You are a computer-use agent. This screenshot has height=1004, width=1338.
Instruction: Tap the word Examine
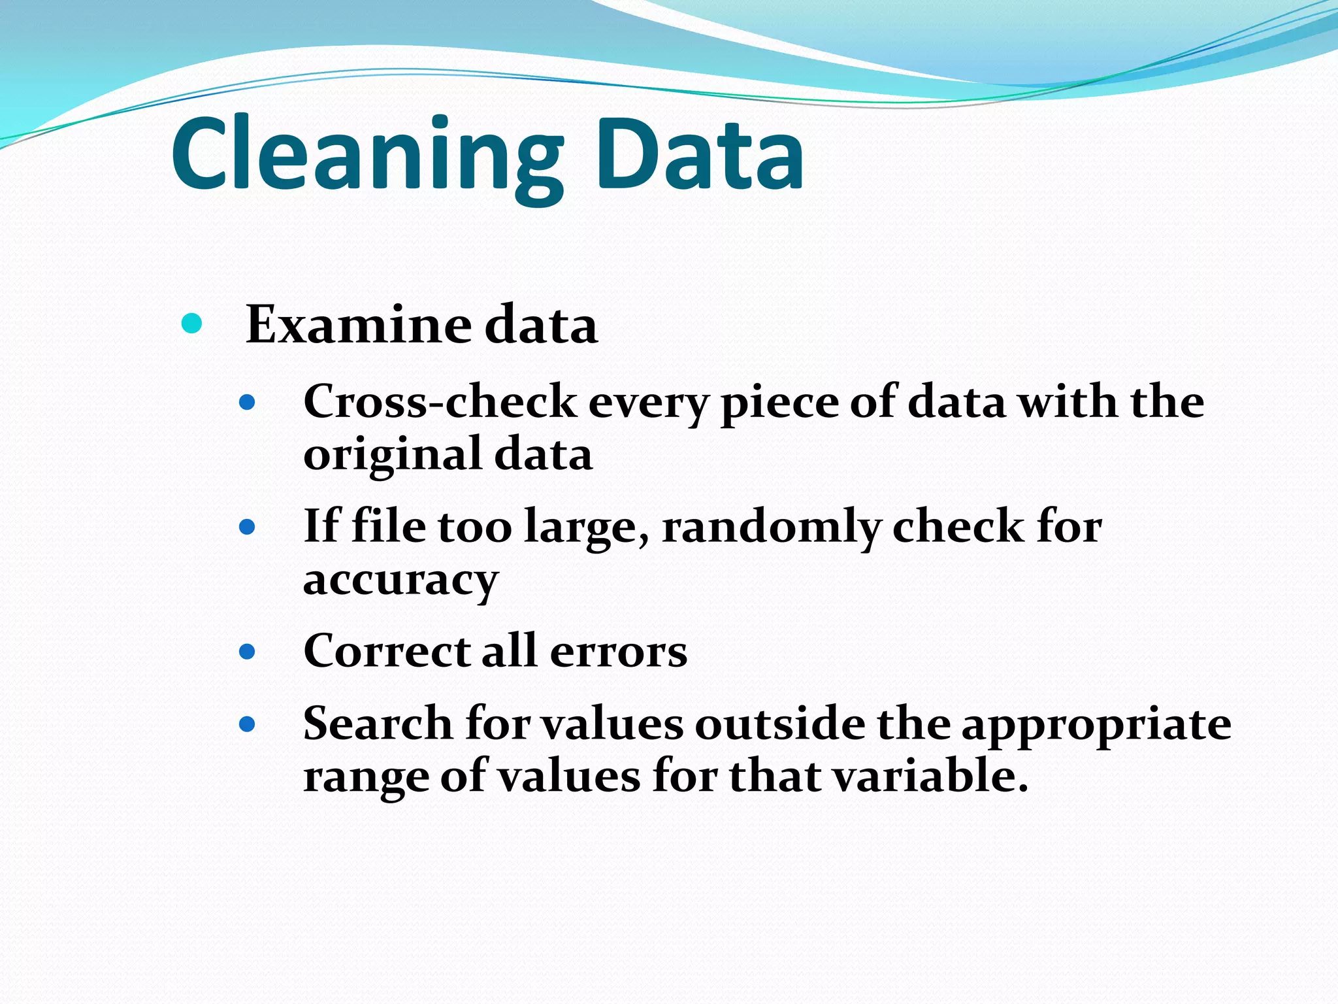click(358, 325)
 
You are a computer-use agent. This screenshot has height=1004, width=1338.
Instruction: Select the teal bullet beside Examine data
click(191, 323)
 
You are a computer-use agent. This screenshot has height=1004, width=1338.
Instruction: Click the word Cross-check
click(440, 401)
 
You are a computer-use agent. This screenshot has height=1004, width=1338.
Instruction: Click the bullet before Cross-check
click(247, 402)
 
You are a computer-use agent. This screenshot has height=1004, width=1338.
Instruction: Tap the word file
click(388, 526)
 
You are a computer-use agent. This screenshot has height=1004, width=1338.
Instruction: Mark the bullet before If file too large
click(247, 527)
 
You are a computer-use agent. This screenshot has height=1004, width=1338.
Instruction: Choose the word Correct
click(387, 652)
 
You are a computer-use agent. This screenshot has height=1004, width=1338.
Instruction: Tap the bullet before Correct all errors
click(247, 652)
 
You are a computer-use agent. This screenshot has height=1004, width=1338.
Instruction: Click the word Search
click(378, 724)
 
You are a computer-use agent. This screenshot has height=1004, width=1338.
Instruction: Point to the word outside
click(779, 724)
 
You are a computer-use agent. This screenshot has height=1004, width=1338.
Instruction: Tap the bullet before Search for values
click(247, 724)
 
